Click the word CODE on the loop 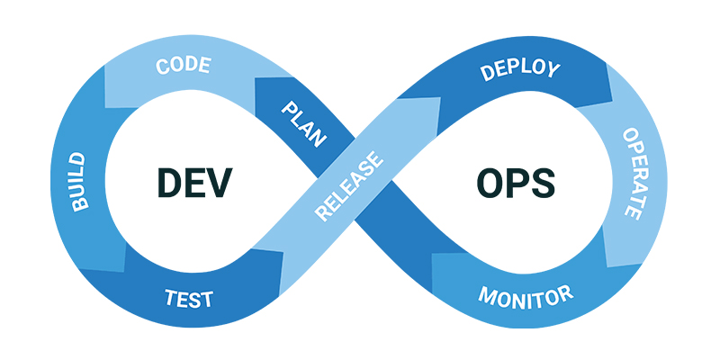(184, 66)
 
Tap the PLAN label (304, 124)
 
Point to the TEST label (189, 299)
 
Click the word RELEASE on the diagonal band (349, 185)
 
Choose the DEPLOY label (520, 70)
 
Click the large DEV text (194, 183)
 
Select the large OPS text (516, 183)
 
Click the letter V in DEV (219, 183)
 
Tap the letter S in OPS (543, 183)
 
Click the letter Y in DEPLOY (553, 71)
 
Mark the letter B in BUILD (81, 203)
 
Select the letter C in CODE (163, 67)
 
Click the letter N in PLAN (319, 139)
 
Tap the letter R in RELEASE (323, 212)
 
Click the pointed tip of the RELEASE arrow (440, 97)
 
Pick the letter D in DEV (169, 183)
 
